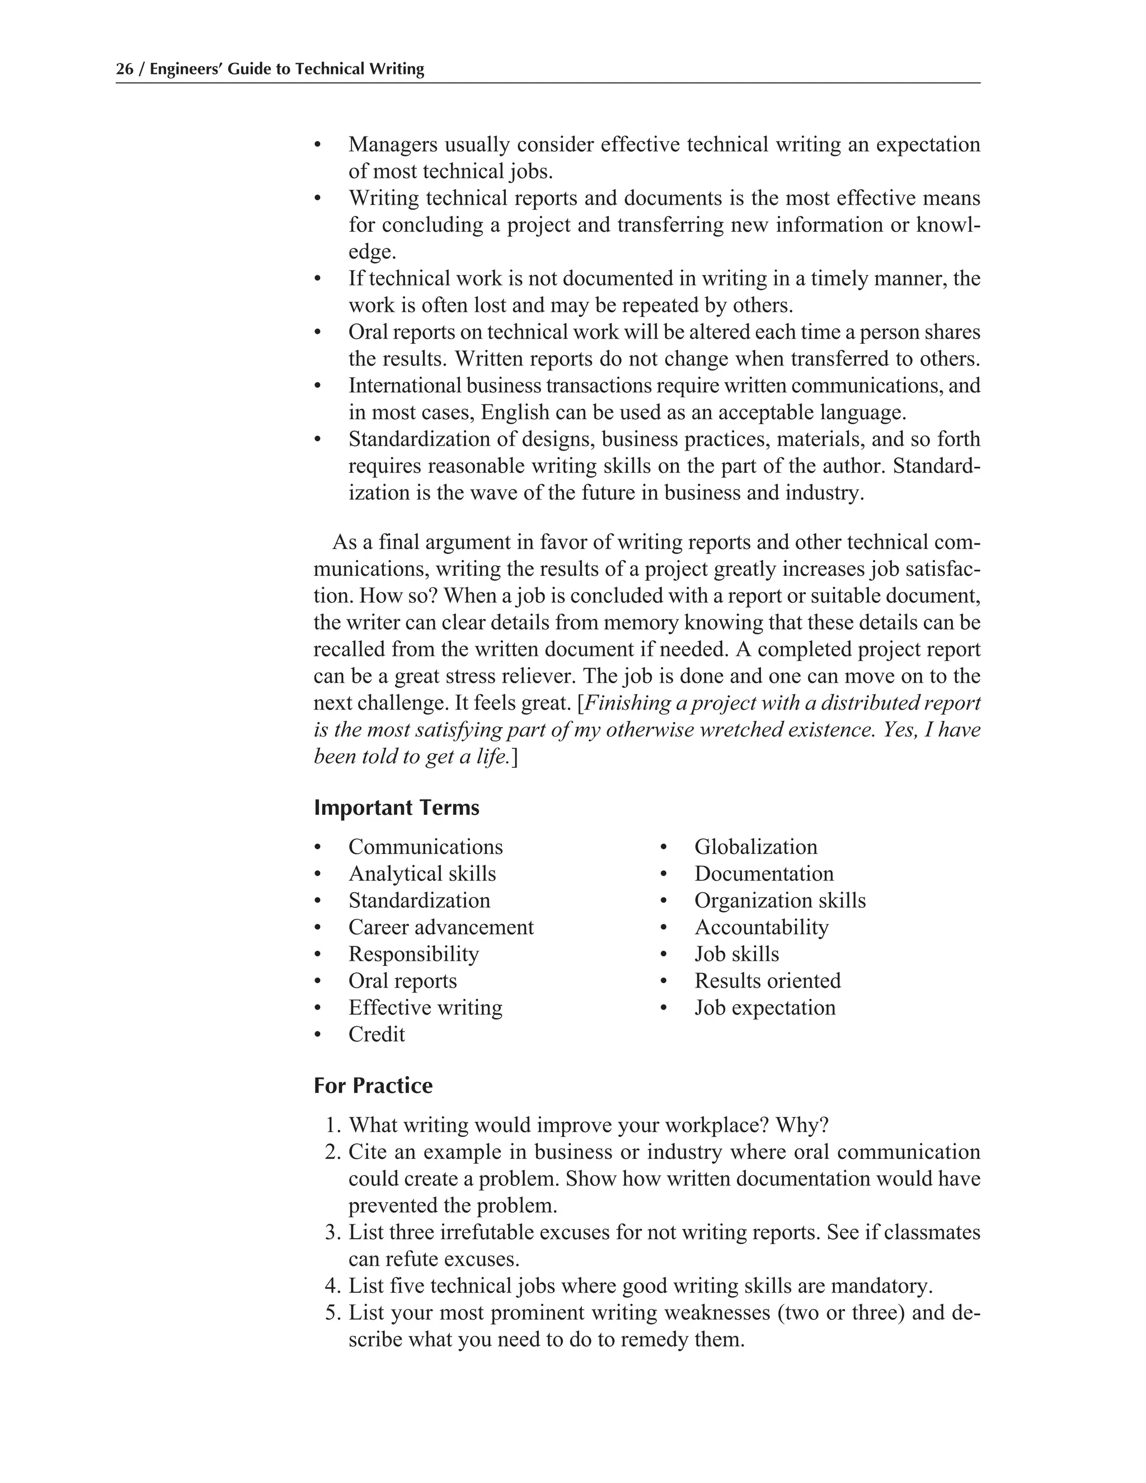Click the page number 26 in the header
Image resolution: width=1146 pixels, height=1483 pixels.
[x=124, y=69]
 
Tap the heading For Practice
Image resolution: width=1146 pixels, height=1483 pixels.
[x=373, y=1085]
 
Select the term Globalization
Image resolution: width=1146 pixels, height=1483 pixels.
[x=755, y=847]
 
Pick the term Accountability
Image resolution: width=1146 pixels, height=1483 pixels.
[x=761, y=927]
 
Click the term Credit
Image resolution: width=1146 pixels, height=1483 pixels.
[x=376, y=1034]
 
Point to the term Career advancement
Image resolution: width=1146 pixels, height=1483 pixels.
[x=440, y=927]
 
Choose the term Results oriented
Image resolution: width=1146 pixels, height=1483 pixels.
[x=767, y=980]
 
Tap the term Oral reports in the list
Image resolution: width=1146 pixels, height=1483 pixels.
[x=402, y=980]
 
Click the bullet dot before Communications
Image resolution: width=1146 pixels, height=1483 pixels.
[x=317, y=847]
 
